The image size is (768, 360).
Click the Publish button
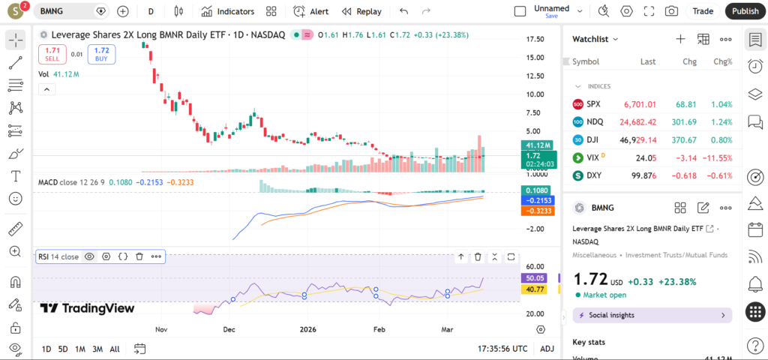pyautogui.click(x=745, y=11)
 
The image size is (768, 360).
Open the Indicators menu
pyautogui.click(x=228, y=11)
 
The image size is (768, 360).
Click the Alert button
pyautogui.click(x=311, y=11)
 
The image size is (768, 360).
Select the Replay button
pyautogui.click(x=361, y=11)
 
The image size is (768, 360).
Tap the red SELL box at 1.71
pyautogui.click(x=52, y=54)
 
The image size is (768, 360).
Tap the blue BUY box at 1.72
pyautogui.click(x=101, y=54)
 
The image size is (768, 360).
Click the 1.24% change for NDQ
pyautogui.click(x=721, y=121)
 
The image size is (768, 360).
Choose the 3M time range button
pyautogui.click(x=97, y=349)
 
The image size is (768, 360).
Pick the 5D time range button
pyautogui.click(x=63, y=349)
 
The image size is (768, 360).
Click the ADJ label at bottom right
pyautogui.click(x=547, y=349)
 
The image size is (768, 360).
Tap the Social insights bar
pyautogui.click(x=652, y=315)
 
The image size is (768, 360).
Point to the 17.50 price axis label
pyautogui.click(x=535, y=39)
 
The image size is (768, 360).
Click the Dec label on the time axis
pyautogui.click(x=229, y=329)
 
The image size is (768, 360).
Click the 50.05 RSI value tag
pyautogui.click(x=535, y=277)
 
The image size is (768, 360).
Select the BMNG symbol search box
pyautogui.click(x=64, y=11)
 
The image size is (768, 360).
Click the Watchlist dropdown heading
pyautogui.click(x=595, y=39)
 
